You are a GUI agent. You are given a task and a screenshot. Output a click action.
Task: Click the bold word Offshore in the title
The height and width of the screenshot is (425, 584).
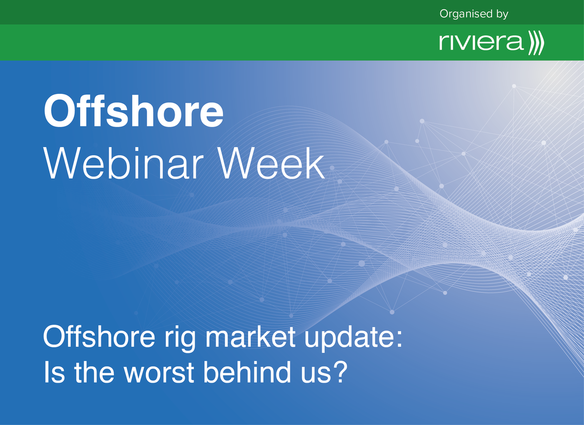133,111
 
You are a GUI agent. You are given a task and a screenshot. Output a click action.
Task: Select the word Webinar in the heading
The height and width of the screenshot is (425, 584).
123,163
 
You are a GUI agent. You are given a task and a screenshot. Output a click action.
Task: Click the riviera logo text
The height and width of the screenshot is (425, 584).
481,42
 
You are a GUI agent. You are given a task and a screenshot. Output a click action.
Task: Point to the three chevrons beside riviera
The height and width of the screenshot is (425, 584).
536,43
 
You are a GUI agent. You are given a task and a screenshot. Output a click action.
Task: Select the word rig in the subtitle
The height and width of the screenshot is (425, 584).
180,338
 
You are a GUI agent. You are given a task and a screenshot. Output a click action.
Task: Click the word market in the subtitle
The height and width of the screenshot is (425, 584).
251,336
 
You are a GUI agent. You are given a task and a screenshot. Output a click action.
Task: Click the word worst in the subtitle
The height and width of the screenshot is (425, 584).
159,372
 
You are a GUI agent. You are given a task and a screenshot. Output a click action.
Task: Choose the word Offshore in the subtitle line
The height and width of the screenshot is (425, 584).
99,336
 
